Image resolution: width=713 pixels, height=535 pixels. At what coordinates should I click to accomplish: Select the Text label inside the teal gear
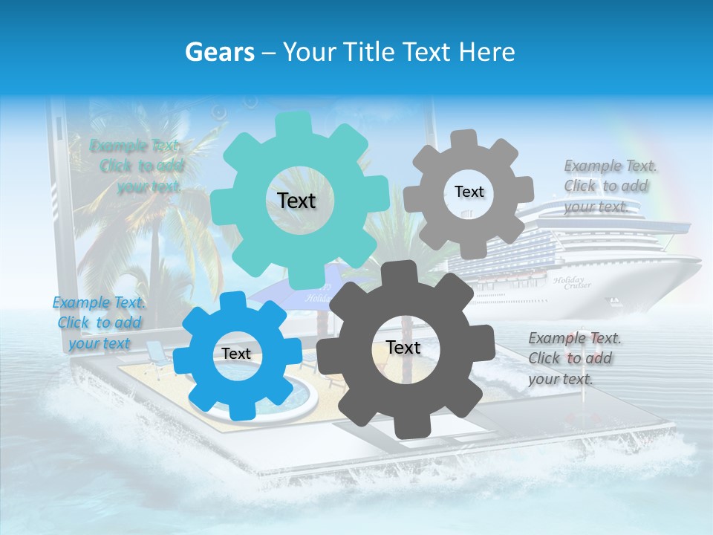[x=296, y=201]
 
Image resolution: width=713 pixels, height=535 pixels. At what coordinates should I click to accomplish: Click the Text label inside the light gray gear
[x=469, y=192]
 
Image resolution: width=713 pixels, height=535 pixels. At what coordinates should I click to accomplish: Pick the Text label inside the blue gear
[x=236, y=354]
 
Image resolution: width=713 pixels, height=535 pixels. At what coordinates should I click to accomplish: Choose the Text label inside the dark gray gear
[x=403, y=348]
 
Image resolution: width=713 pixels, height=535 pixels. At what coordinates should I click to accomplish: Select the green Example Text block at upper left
[x=138, y=166]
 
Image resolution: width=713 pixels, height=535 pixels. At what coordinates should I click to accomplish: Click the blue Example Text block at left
[x=98, y=322]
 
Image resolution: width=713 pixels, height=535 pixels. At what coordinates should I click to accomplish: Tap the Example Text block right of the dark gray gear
[x=573, y=358]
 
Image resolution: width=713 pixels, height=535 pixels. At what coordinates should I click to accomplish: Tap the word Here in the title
[x=487, y=52]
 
